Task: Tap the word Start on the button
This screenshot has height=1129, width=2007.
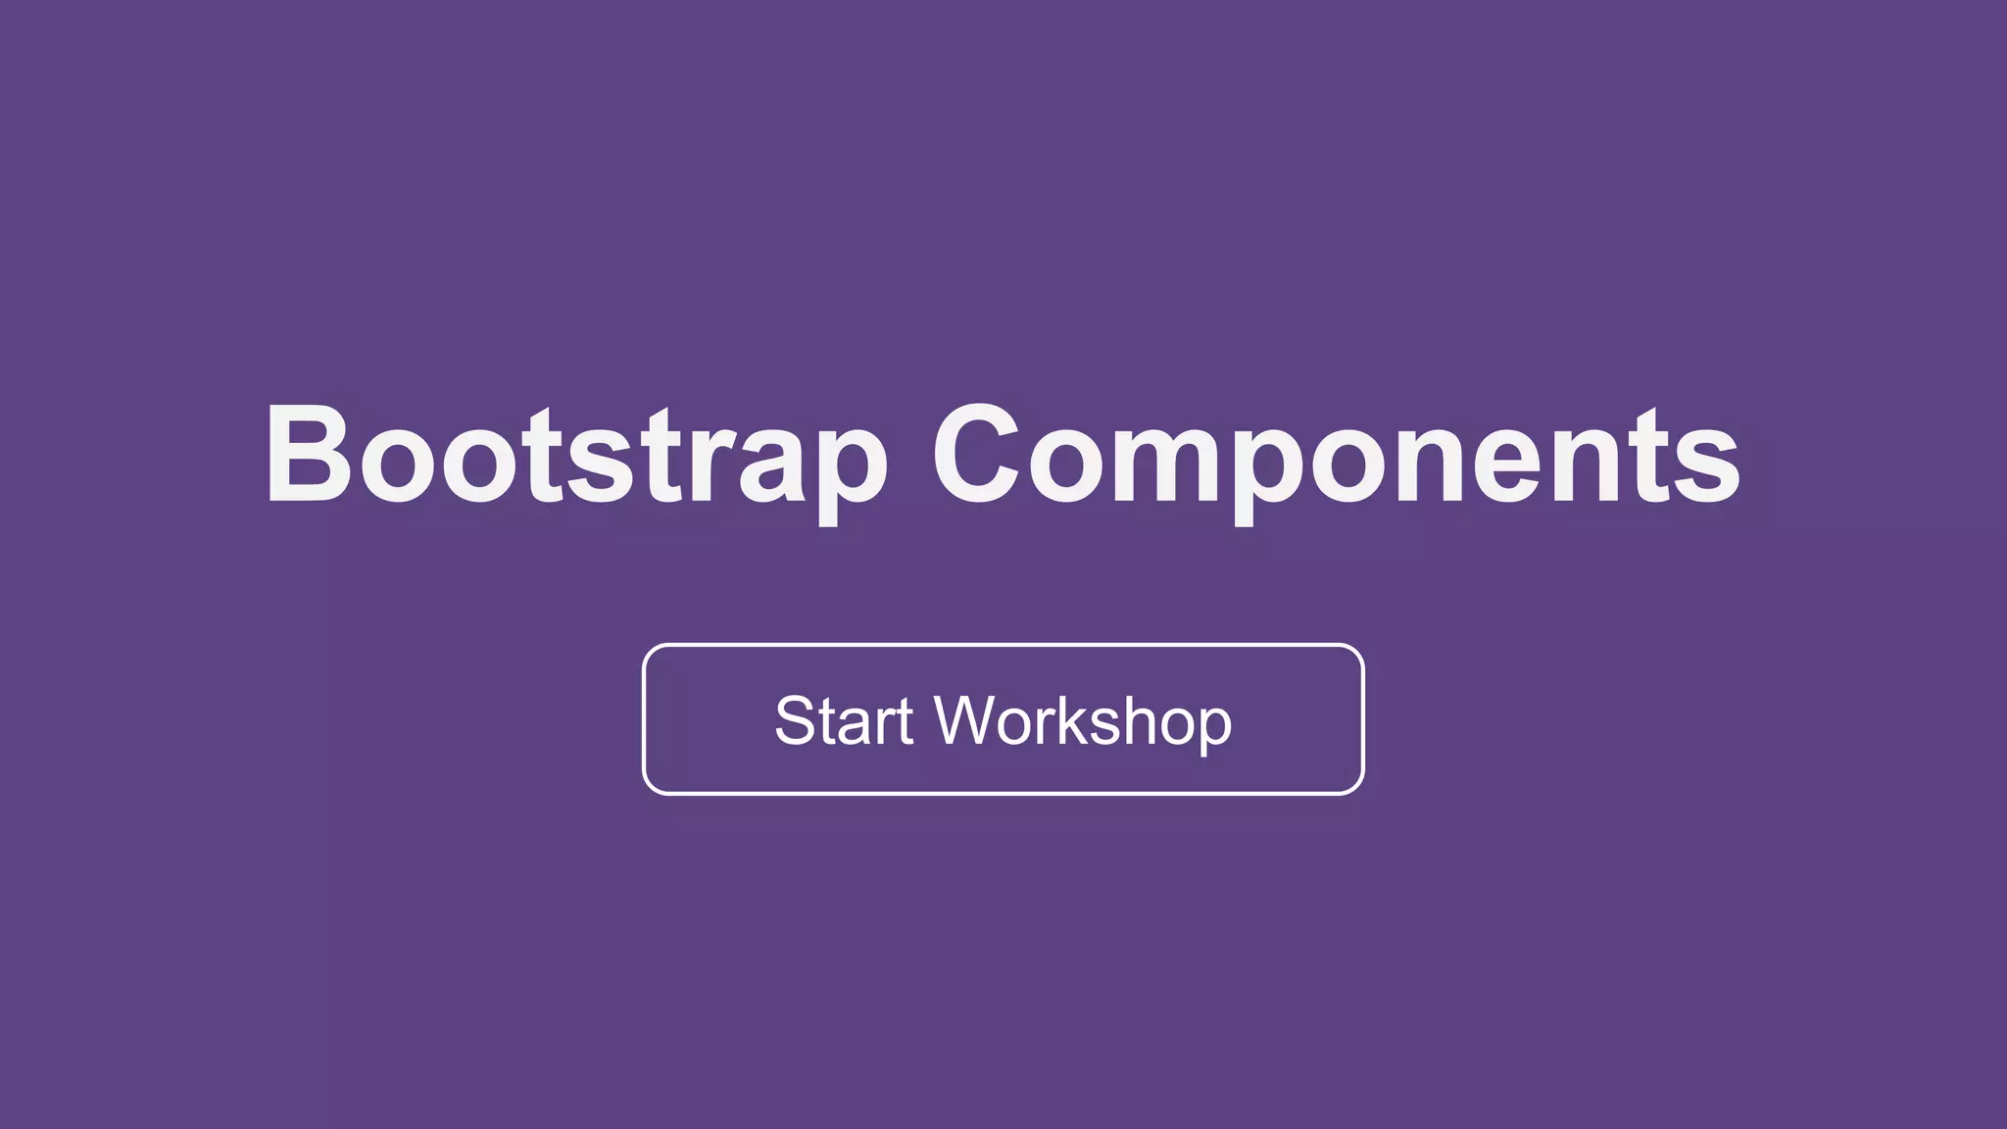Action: (x=844, y=721)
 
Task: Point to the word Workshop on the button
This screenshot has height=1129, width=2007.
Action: (x=1083, y=722)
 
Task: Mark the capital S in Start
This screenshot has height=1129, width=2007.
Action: (x=795, y=721)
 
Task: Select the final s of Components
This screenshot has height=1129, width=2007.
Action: (x=1706, y=466)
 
